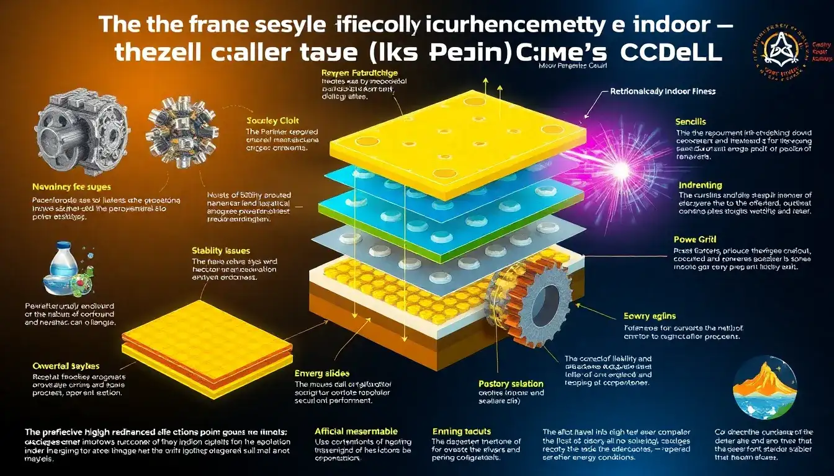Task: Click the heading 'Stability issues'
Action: click(222, 251)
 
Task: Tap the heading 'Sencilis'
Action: click(691, 122)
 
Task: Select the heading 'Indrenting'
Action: click(700, 185)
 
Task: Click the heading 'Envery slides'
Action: click(322, 373)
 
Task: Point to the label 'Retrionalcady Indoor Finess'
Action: click(663, 91)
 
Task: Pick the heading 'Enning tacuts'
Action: click(461, 431)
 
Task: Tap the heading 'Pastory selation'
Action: click(511, 384)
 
